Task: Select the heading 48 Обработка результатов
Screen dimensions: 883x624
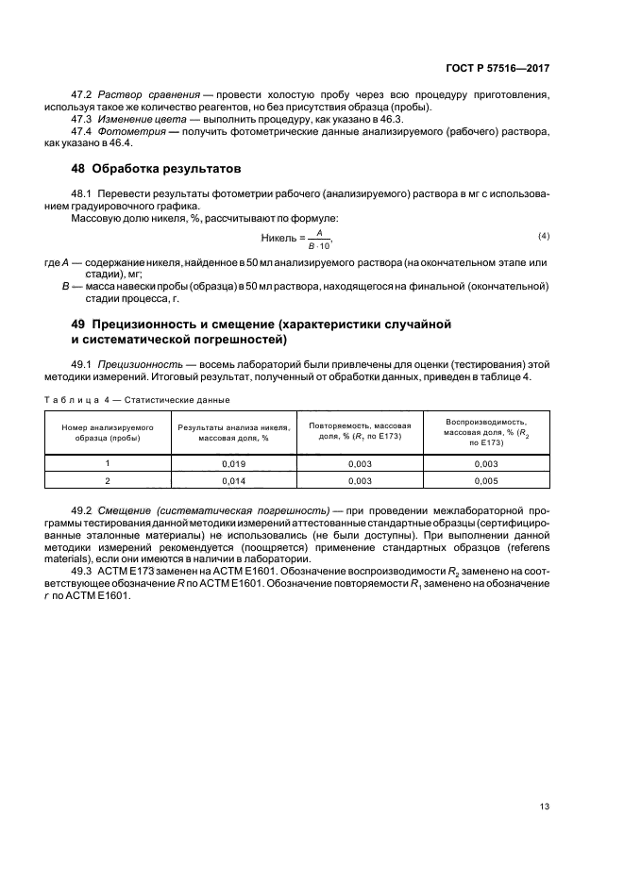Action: [x=145, y=170]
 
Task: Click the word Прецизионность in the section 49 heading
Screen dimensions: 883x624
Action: [x=152, y=325]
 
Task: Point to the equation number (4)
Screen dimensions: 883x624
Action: [x=543, y=234]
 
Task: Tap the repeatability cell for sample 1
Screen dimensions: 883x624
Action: [x=359, y=463]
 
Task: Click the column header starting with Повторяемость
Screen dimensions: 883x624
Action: [x=359, y=432]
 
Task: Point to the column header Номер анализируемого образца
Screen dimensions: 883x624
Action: [x=108, y=432]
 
